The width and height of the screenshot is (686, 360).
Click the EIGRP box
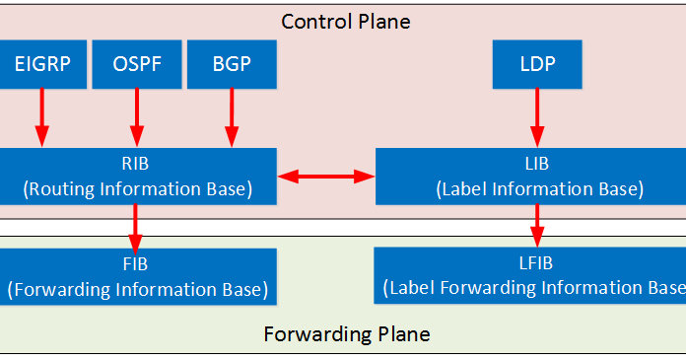(x=42, y=64)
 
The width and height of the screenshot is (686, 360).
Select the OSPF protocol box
(x=136, y=64)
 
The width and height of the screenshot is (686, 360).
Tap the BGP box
(x=232, y=64)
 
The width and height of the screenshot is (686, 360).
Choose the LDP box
(x=537, y=64)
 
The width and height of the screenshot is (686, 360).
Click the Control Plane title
(x=346, y=21)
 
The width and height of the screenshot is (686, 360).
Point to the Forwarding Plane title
(x=346, y=333)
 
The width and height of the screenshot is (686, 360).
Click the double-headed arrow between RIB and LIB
(x=326, y=177)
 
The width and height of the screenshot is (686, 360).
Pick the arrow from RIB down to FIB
(x=136, y=227)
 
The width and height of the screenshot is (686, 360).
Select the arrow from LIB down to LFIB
(x=537, y=225)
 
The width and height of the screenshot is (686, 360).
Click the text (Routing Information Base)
(x=138, y=188)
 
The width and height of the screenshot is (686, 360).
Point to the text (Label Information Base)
(x=538, y=188)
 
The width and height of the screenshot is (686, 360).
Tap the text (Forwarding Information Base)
(x=138, y=289)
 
